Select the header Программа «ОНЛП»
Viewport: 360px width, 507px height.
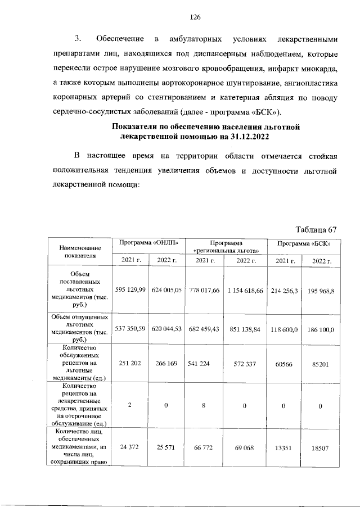(x=148, y=243)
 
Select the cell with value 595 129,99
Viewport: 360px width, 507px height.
(x=130, y=289)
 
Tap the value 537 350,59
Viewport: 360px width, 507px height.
(x=130, y=327)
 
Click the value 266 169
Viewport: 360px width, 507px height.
(x=166, y=364)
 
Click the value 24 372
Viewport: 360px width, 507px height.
(x=130, y=446)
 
